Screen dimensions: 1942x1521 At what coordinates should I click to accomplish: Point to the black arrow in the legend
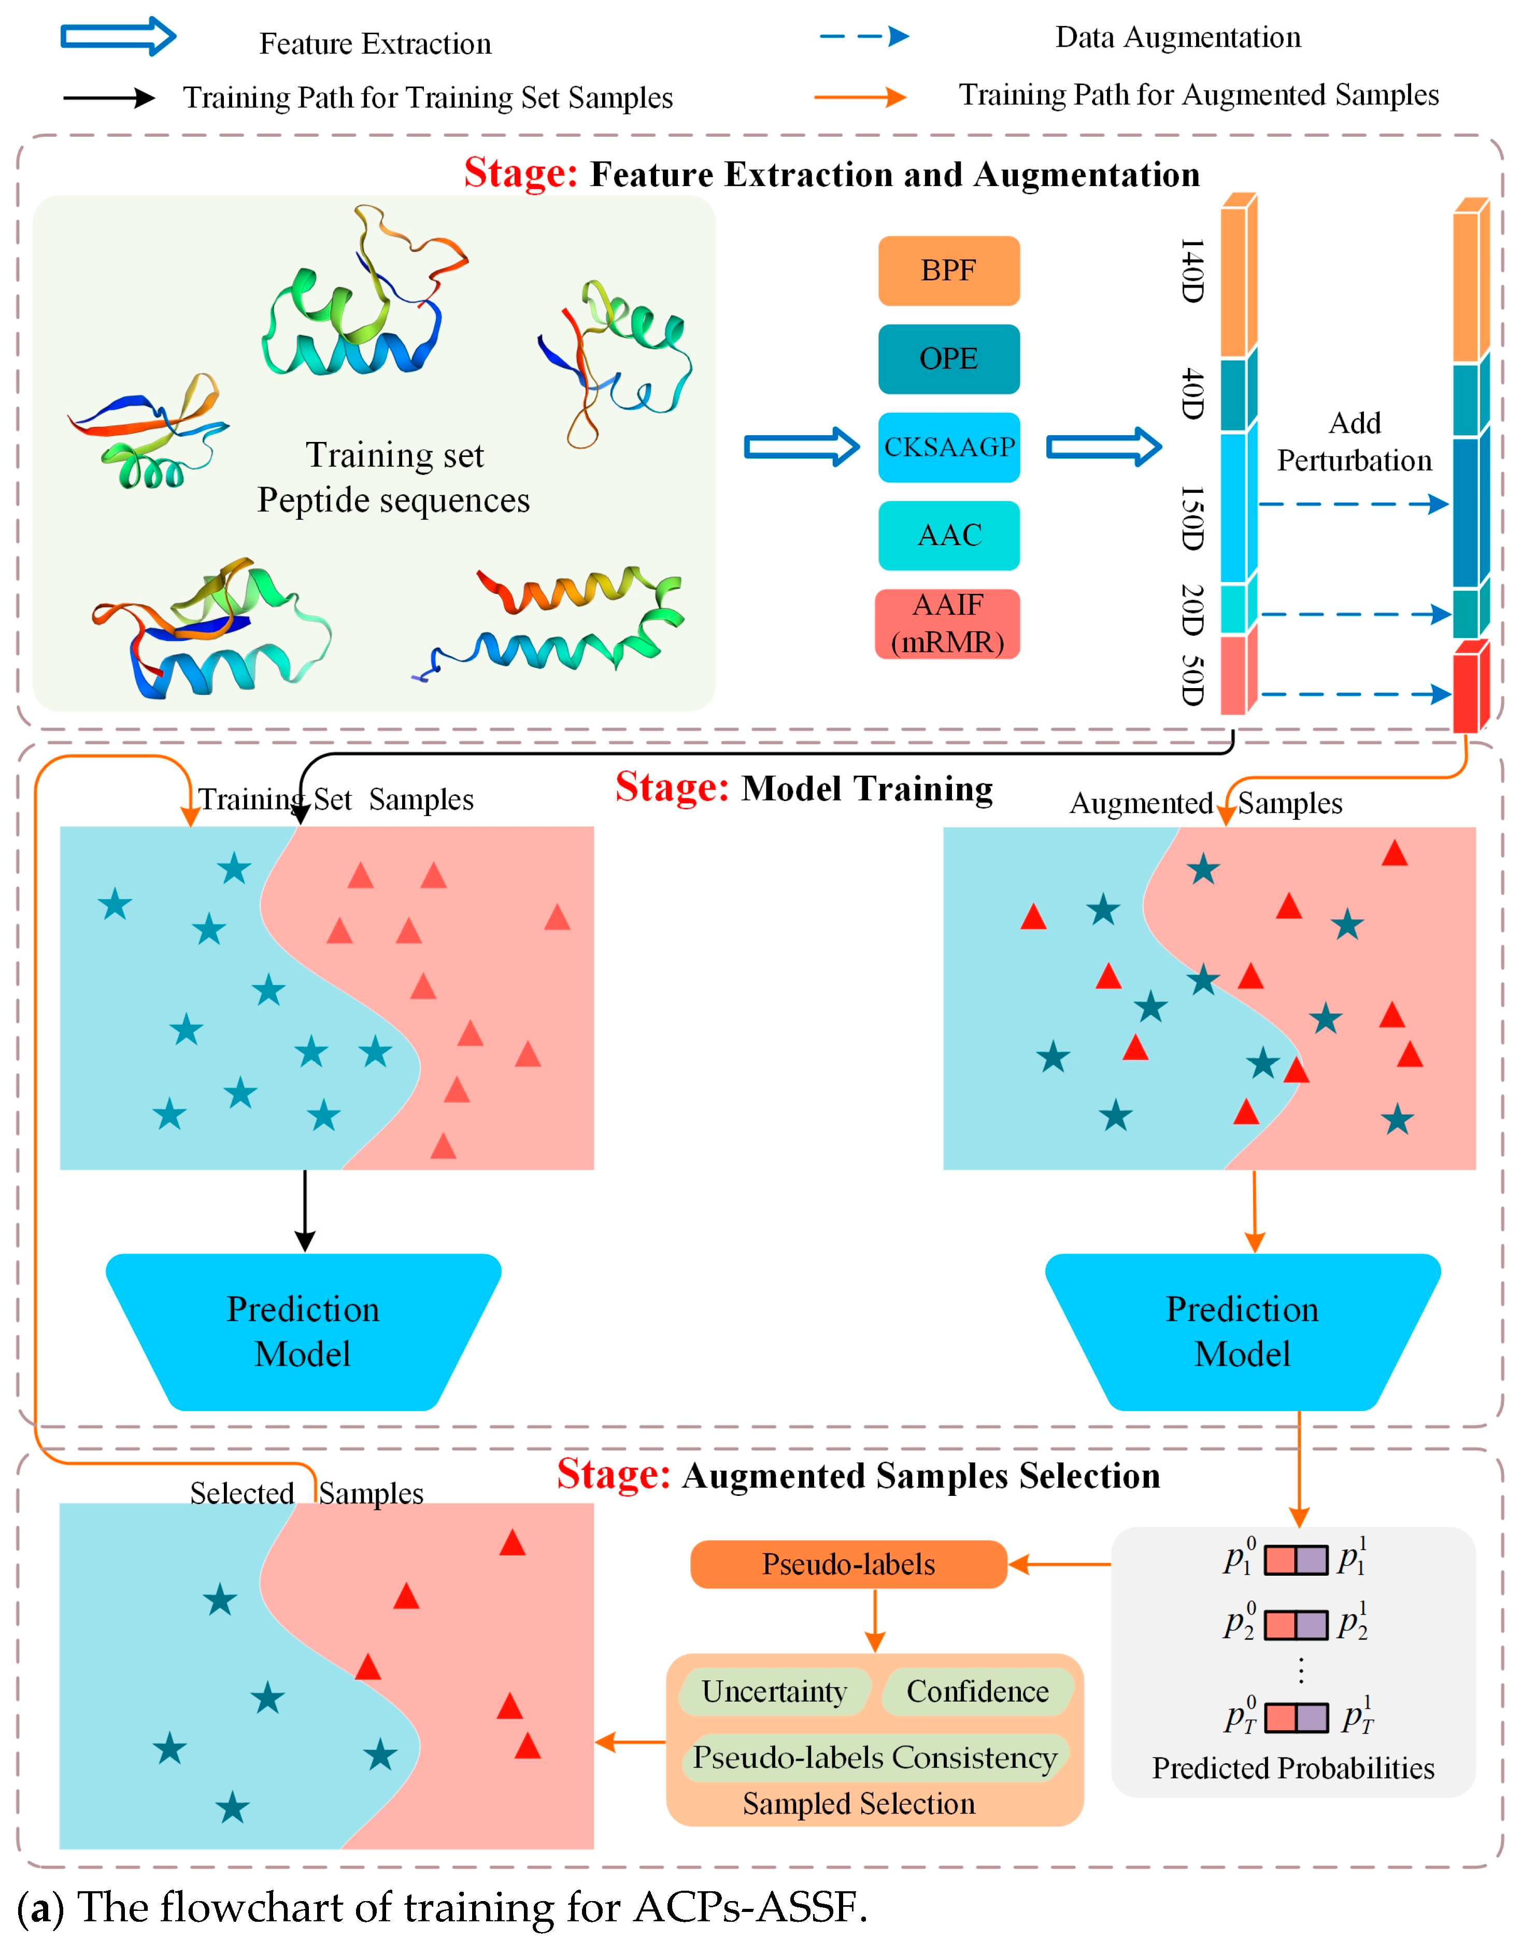(109, 98)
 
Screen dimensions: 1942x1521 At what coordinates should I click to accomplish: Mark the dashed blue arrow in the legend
(864, 36)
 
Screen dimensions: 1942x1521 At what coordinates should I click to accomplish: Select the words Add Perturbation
(1355, 441)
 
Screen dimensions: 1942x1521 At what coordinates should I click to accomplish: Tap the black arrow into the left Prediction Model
(305, 1211)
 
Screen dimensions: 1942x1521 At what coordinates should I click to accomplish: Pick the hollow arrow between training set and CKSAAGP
(802, 447)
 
